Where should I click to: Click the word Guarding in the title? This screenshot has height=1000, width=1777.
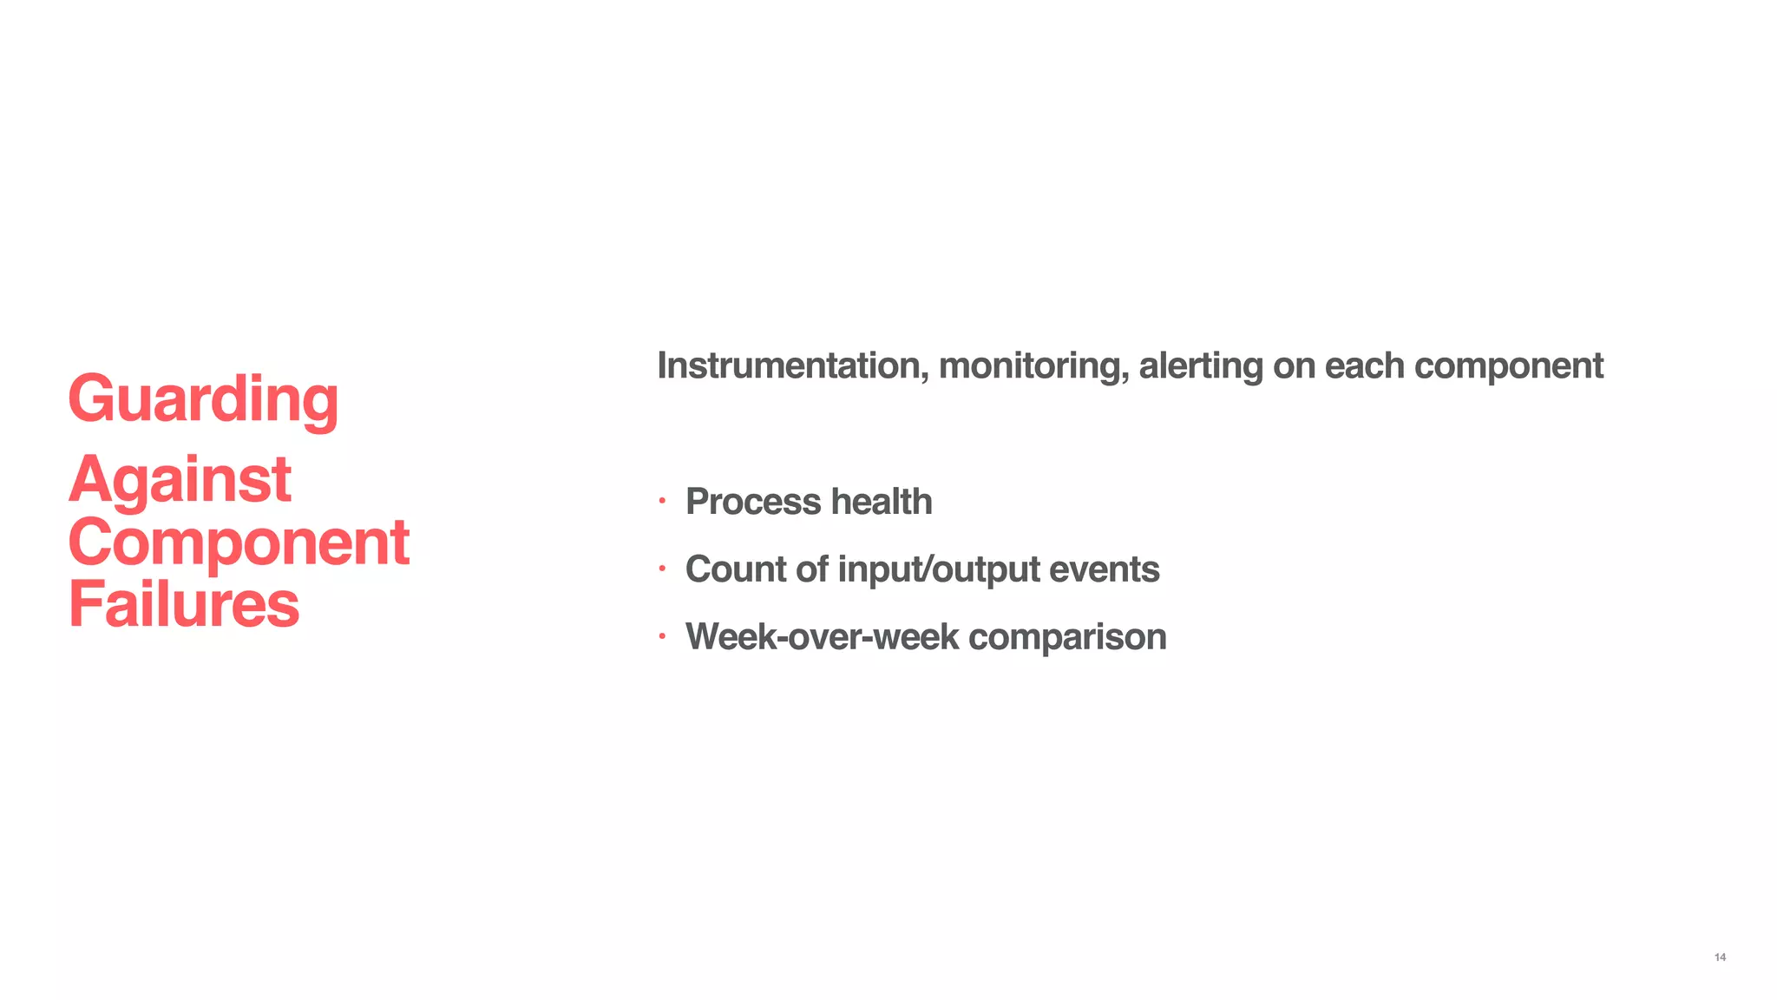coord(203,399)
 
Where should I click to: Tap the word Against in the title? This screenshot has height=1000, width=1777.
coord(180,479)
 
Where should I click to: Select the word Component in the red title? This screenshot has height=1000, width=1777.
coord(239,543)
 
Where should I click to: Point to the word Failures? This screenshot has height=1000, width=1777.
coord(184,605)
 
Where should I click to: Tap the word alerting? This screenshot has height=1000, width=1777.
coord(1200,365)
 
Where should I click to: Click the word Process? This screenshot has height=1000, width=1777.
coord(753,502)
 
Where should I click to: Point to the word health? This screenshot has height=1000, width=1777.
coord(882,502)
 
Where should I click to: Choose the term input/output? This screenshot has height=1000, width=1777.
coord(939,569)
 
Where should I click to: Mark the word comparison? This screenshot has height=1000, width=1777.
coord(1067,637)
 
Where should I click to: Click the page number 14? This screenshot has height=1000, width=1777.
coord(1720,957)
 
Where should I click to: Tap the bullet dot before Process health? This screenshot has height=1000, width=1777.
coord(661,501)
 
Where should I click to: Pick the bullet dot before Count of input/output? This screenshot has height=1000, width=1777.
coord(661,569)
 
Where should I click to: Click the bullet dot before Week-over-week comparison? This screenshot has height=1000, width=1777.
coord(661,636)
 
